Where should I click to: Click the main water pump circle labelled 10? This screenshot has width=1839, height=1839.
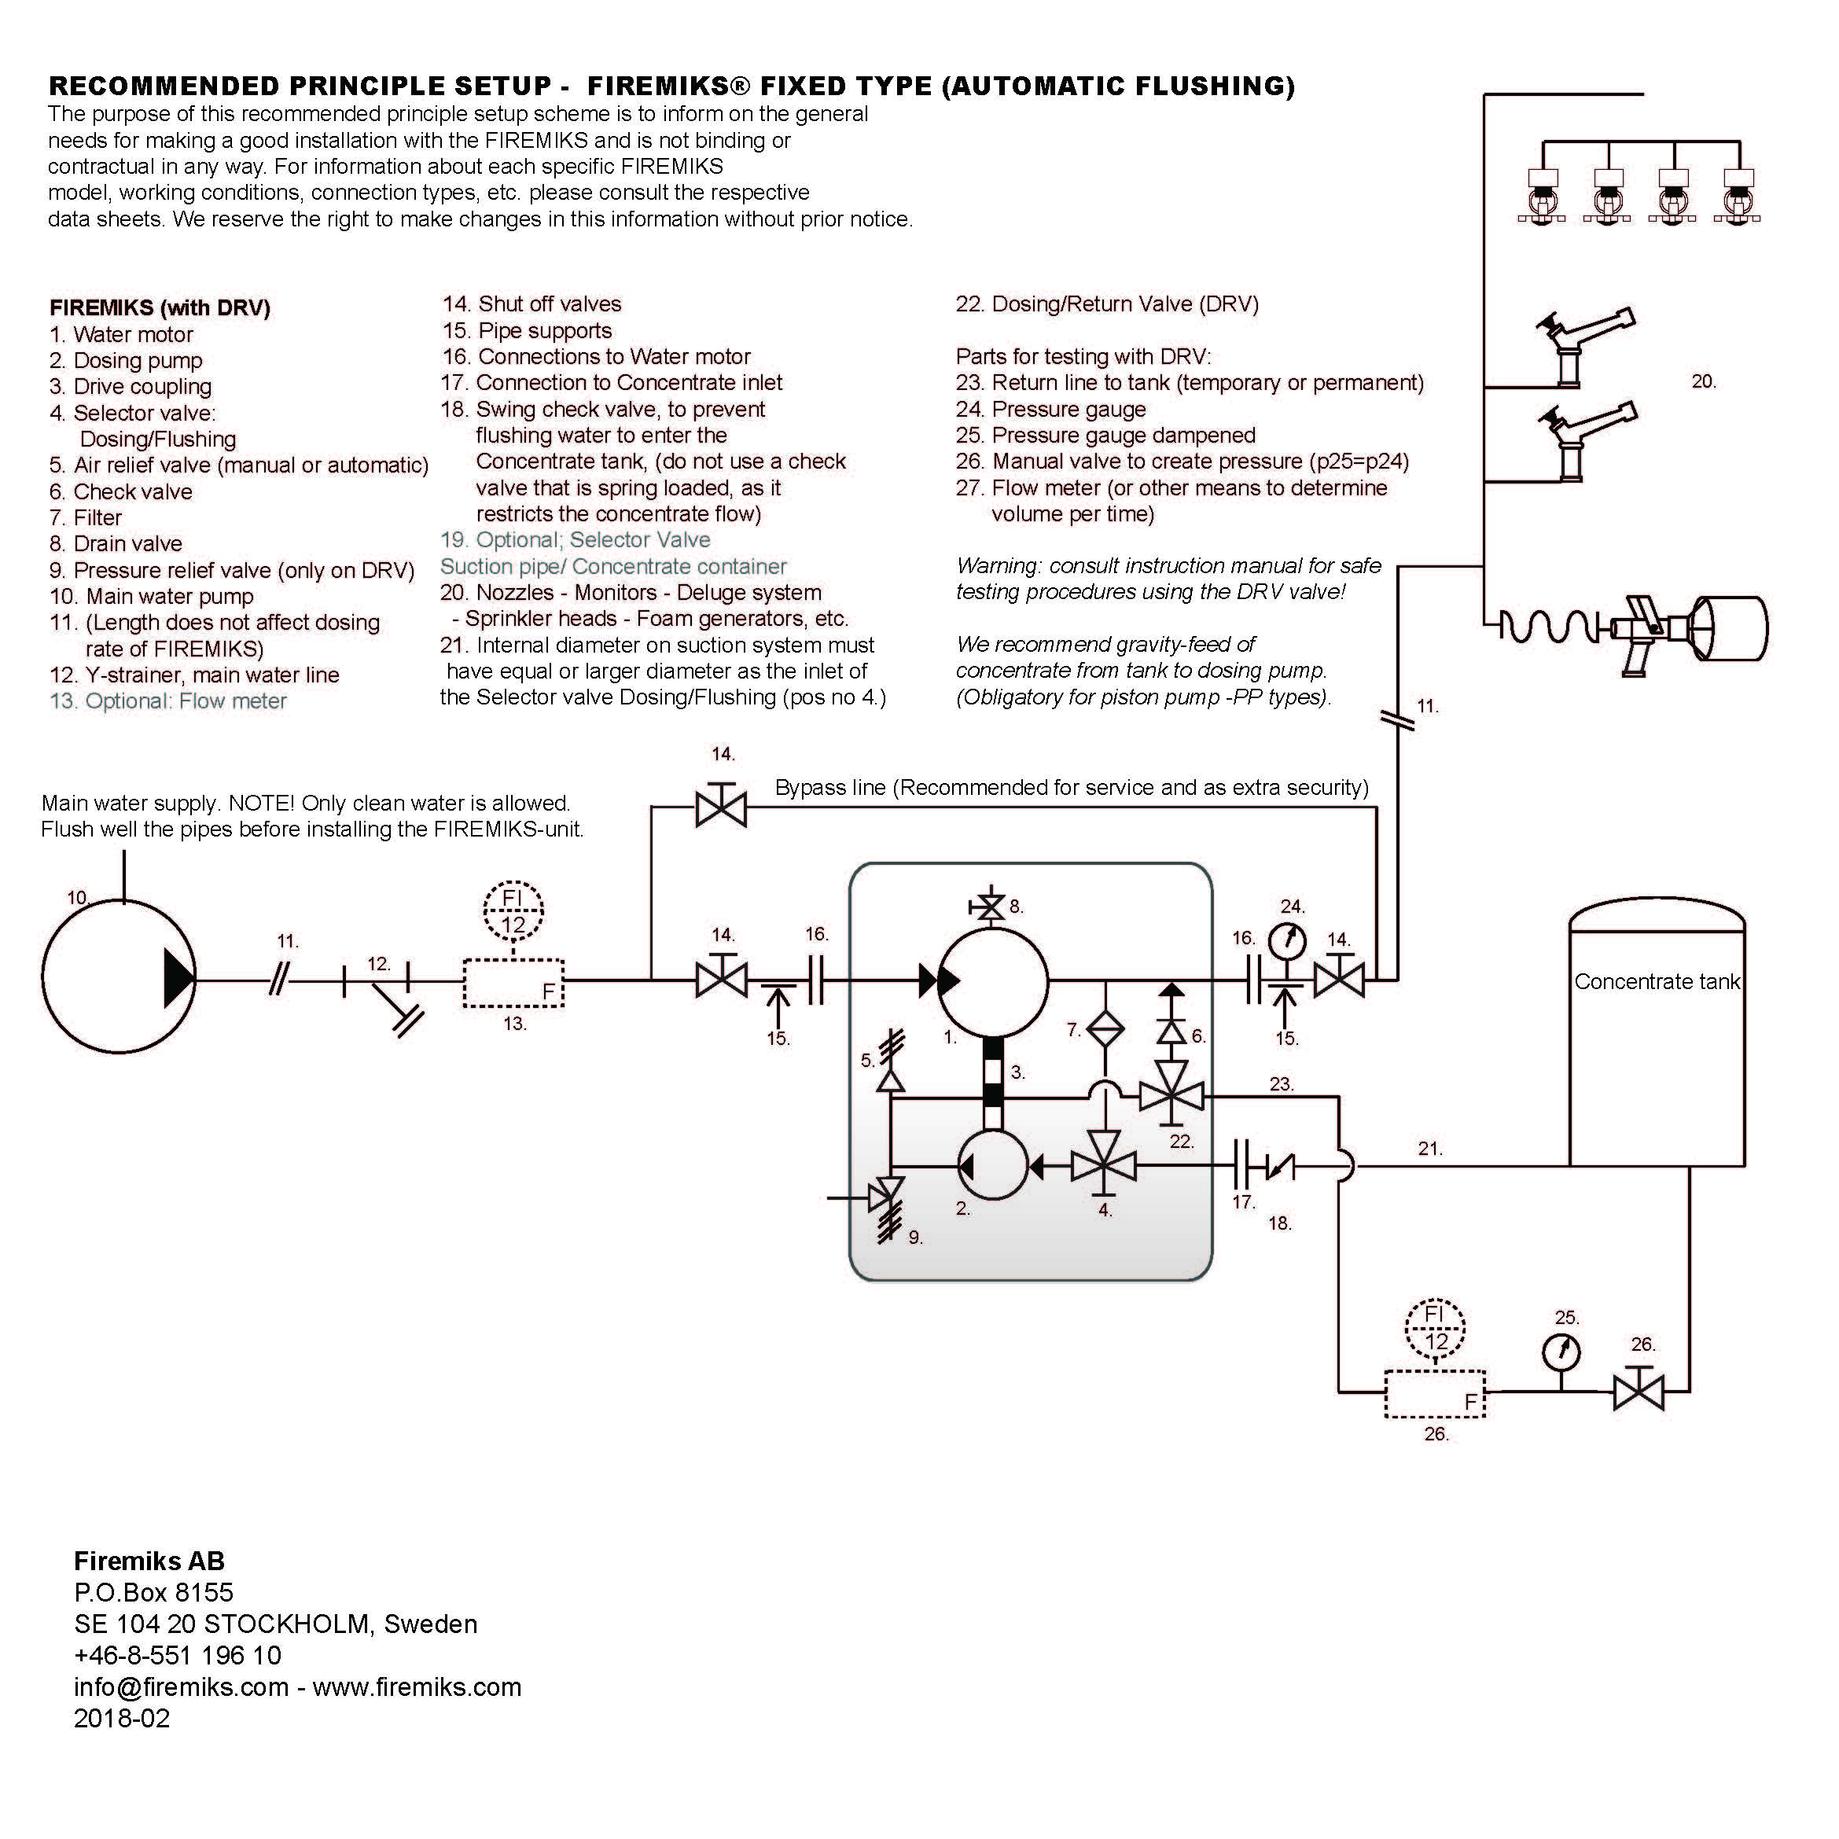click(x=119, y=977)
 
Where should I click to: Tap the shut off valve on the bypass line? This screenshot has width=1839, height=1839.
click(x=722, y=809)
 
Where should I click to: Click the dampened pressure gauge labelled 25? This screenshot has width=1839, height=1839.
click(x=1561, y=1352)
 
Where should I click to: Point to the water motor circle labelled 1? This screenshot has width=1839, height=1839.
click(x=993, y=980)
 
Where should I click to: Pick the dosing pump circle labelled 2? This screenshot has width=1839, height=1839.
click(x=993, y=1165)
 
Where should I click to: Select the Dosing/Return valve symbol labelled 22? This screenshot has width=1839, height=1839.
click(x=1171, y=1097)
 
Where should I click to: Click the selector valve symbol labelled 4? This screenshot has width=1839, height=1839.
click(x=1104, y=1166)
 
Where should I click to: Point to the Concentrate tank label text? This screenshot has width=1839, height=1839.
click(x=1657, y=981)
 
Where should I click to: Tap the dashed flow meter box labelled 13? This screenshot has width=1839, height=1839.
click(x=513, y=982)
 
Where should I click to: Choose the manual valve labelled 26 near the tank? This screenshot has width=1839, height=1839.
click(x=1639, y=1392)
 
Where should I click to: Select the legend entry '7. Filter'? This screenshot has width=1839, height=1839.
click(x=86, y=518)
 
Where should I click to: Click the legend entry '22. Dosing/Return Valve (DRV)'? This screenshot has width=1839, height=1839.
click(x=1107, y=304)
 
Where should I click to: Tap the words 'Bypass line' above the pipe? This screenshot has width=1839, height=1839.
click(x=828, y=788)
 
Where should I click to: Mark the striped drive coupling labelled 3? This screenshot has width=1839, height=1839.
click(x=993, y=1071)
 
